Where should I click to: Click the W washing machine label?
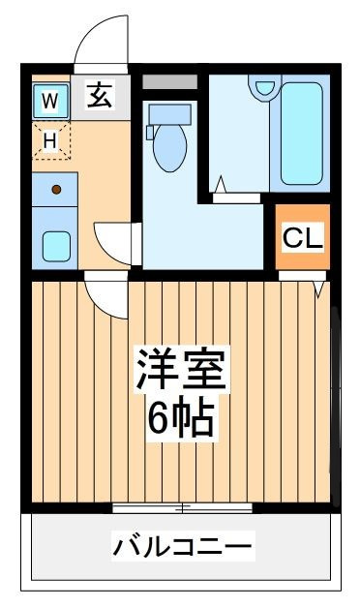tap(50, 101)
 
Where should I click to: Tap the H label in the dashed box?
tap(50, 140)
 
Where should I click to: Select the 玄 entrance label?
tap(100, 95)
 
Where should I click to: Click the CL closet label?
tap(303, 238)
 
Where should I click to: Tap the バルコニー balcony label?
tap(182, 548)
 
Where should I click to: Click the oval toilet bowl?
tap(169, 146)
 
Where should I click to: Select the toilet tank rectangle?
tap(169, 114)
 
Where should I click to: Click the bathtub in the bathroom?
tap(302, 134)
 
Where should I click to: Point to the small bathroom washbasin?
tap(265, 87)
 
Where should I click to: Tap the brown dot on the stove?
tap(56, 190)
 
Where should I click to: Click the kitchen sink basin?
tap(56, 246)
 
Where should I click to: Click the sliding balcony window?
tap(182, 507)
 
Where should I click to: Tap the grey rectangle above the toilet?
tap(169, 82)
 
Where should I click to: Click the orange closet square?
tap(303, 236)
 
